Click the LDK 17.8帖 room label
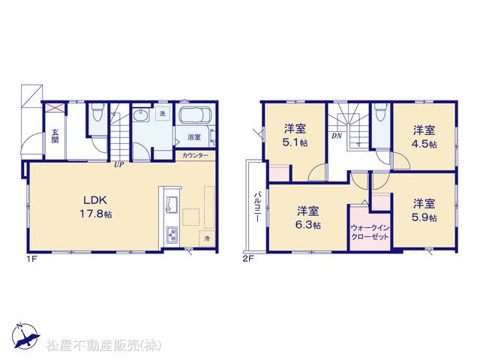click(96, 207)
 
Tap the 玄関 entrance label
click(55, 136)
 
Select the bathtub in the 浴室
click(195, 115)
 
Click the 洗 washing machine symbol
click(163, 113)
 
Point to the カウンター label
click(195, 155)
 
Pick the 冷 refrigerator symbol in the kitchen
click(207, 238)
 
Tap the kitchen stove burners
click(172, 235)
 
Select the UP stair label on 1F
click(118, 165)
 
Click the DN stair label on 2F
click(337, 136)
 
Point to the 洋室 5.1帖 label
click(295, 136)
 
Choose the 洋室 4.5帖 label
click(424, 136)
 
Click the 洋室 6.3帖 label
click(308, 217)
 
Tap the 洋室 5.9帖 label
click(424, 210)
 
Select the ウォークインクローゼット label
click(370, 232)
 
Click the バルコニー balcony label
click(257, 207)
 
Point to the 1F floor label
click(31, 259)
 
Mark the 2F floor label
click(248, 259)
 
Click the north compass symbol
click(25, 335)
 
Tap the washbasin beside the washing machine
click(141, 115)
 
